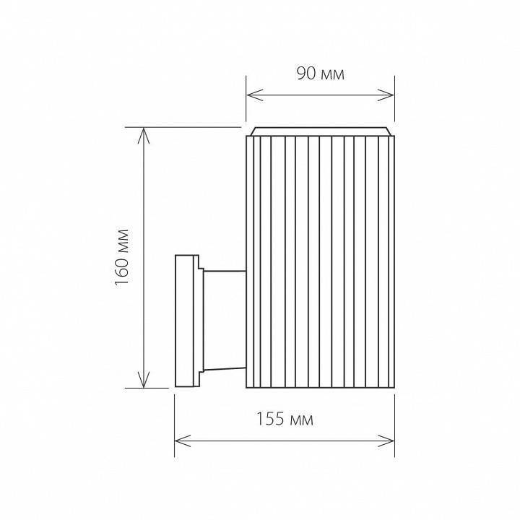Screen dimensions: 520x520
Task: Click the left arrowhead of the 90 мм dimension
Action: pos(251,95)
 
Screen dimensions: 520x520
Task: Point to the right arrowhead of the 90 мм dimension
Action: pos(390,95)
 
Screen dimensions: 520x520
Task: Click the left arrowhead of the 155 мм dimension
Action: pos(180,438)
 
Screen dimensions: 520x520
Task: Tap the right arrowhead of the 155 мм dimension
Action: pos(390,438)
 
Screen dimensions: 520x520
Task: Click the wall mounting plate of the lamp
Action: pos(187,321)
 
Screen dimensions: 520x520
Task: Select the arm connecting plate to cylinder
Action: pos(223,321)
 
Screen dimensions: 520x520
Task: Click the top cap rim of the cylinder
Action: pos(321,131)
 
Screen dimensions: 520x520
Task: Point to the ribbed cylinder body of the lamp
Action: pos(321,260)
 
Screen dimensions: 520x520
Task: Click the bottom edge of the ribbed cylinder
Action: pos(321,387)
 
